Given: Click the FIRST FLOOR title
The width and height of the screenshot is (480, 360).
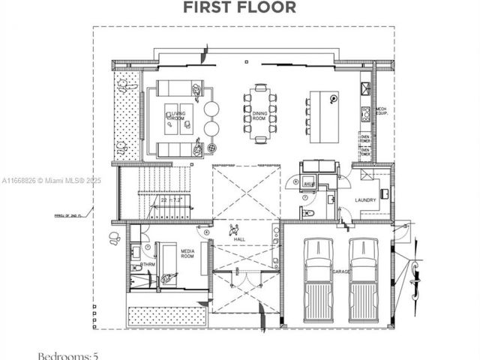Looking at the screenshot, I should pos(240,7).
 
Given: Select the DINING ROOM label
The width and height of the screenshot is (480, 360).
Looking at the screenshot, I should pos(259,115).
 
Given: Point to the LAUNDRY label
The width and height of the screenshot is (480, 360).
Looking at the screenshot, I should pos(365,199).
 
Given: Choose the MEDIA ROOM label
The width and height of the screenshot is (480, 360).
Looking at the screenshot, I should pos(187,253).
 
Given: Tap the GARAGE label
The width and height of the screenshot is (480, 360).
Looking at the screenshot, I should pos(342,271).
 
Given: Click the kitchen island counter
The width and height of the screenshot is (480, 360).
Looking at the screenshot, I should pos(322,116).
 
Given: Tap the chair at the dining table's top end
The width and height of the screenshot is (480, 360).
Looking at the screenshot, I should pos(260,88).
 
